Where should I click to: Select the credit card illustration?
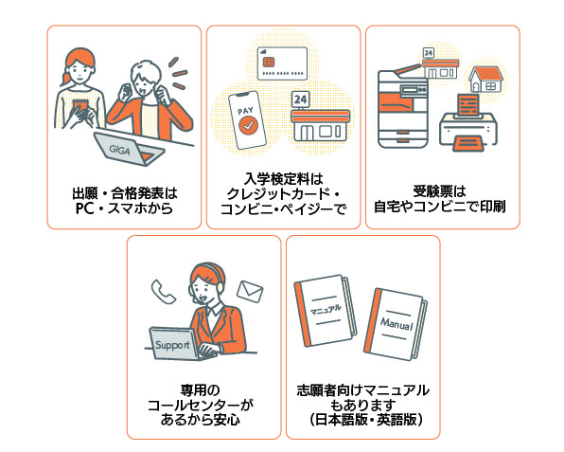tap(282, 63)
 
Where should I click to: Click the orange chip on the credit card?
tap(269, 62)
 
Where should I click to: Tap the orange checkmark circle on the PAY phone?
tap(248, 125)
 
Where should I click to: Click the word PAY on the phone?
tap(245, 111)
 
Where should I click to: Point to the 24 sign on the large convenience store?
tap(301, 99)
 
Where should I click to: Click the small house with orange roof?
tap(486, 79)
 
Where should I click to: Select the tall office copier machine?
tap(403, 107)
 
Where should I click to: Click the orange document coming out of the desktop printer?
tap(468, 105)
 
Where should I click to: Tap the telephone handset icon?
tap(163, 291)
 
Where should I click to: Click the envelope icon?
tap(250, 291)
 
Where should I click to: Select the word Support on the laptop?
tap(172, 345)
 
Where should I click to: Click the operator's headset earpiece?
tap(220, 287)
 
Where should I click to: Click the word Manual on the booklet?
tap(397, 324)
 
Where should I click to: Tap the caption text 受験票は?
tap(439, 191)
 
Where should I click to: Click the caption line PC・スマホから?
tap(124, 208)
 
